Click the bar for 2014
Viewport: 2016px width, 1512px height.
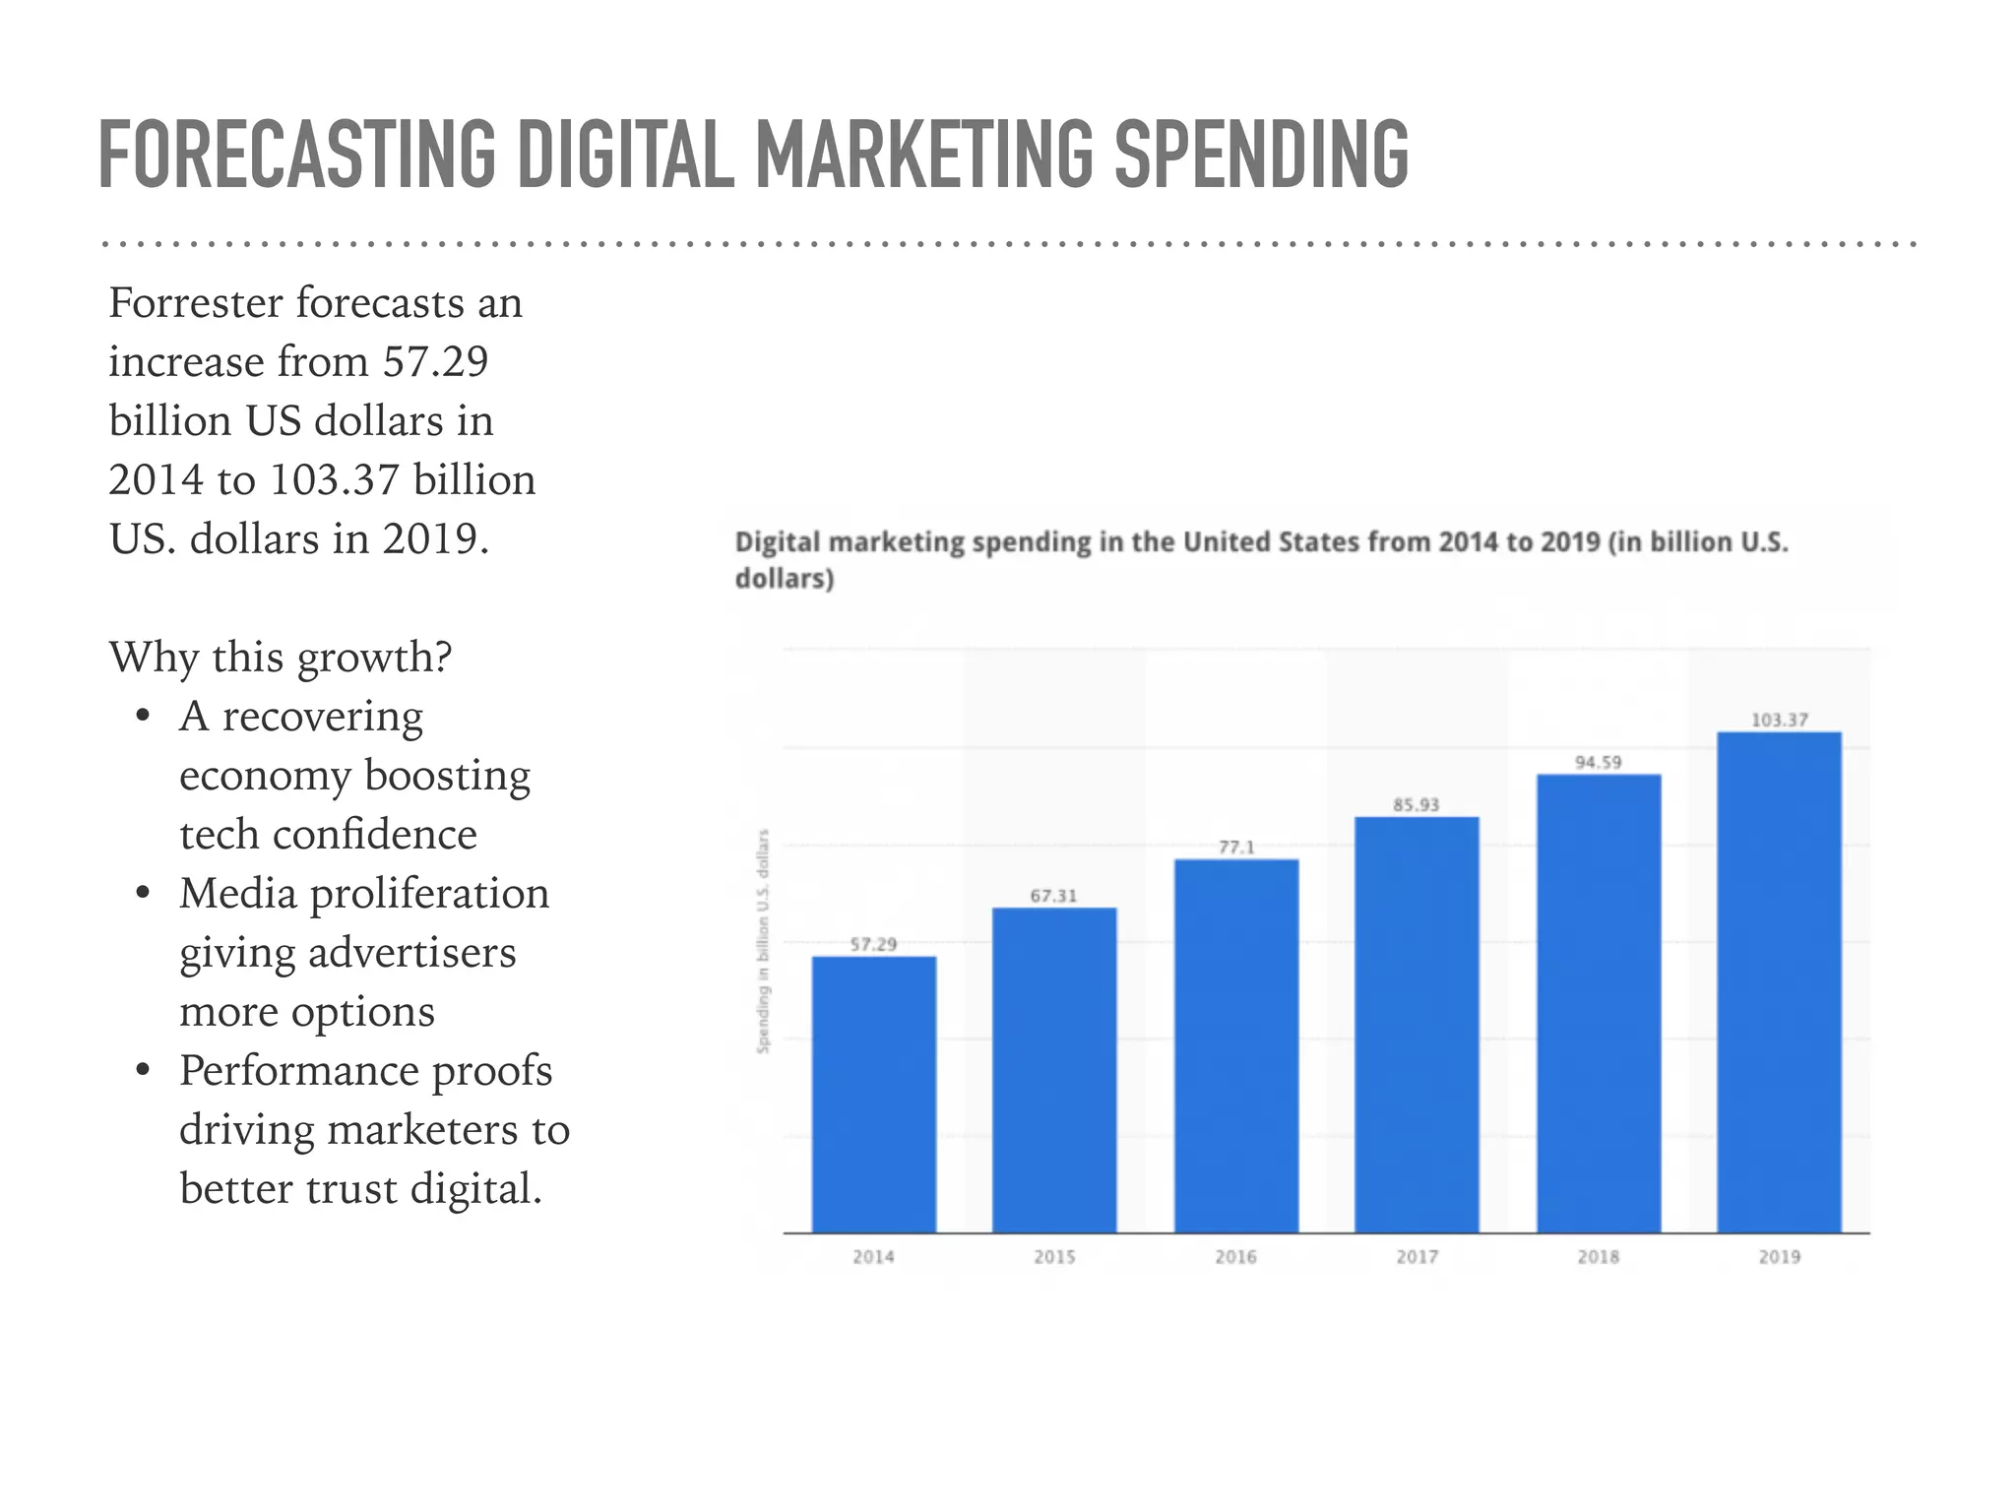[873, 1093]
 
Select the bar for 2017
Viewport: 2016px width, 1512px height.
[1417, 1024]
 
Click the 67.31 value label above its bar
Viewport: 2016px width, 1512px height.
[1053, 896]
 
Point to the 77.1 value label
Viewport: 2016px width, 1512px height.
[1236, 848]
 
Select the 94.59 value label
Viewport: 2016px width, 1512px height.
[1598, 763]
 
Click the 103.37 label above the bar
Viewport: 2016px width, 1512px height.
[1779, 721]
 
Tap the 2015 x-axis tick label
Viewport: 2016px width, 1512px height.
[1054, 1257]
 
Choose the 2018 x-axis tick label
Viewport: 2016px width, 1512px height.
[1598, 1257]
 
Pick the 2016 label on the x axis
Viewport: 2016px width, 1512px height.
[1235, 1257]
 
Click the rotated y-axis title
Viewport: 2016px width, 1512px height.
[763, 941]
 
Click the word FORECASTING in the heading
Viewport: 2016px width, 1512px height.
[296, 155]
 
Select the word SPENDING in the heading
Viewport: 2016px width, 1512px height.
[1261, 155]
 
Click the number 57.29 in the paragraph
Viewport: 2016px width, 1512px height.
[435, 362]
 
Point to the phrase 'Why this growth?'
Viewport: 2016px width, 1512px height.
[281, 658]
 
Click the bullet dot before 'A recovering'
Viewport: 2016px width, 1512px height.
[144, 716]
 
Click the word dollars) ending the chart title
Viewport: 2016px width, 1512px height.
[785, 579]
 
